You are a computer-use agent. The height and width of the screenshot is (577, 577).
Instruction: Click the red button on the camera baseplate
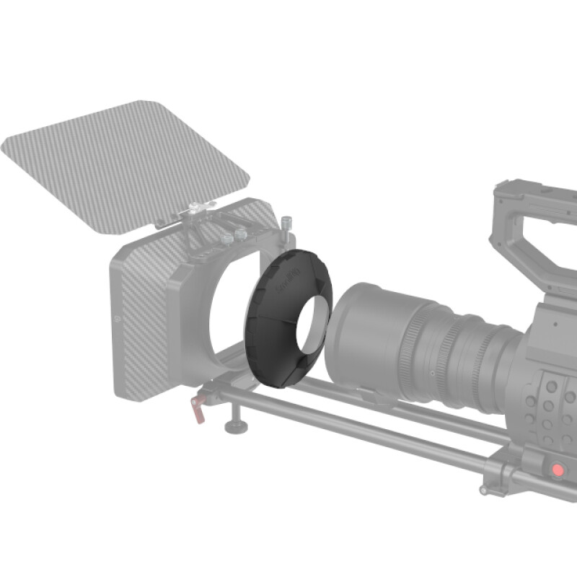(557, 470)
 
